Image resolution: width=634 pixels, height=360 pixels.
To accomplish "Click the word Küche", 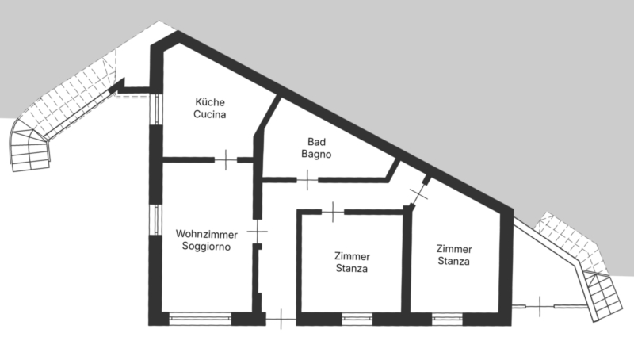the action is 210,102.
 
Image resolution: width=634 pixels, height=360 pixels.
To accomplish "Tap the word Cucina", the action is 209,114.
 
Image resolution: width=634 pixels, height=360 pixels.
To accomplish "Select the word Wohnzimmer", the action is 207,234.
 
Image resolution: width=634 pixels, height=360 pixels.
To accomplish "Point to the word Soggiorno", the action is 206,247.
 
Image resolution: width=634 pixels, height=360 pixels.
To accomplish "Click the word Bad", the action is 316,142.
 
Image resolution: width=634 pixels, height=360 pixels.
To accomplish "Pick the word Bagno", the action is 316,154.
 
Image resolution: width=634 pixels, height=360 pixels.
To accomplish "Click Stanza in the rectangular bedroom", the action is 352,269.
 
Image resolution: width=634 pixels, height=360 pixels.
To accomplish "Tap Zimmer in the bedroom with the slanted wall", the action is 454,249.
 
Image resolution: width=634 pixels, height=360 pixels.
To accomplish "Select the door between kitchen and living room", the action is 226,159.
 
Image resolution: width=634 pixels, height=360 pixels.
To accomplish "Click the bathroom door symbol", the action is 307,180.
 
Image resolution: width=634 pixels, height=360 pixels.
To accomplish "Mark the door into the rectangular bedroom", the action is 333,212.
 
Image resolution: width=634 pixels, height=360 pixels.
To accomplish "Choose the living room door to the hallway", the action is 257,232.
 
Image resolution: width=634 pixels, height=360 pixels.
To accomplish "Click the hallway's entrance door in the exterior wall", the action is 281,319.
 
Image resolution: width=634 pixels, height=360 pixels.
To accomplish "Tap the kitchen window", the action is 156,109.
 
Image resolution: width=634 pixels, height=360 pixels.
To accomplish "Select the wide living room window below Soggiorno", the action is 201,319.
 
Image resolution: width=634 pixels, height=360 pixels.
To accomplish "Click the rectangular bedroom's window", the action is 357,319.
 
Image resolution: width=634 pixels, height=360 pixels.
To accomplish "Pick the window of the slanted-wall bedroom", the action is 447,319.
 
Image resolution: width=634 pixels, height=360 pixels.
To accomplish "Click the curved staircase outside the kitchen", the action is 30,146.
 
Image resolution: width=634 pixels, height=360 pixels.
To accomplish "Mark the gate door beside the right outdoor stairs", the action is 540,307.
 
